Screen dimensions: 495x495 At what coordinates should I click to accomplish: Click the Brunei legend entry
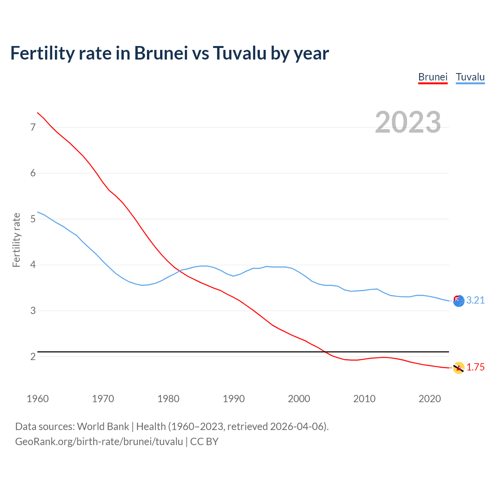(x=433, y=77)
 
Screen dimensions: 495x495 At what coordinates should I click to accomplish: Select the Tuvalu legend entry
(x=470, y=77)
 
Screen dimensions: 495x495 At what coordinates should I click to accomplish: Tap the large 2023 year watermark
(x=408, y=122)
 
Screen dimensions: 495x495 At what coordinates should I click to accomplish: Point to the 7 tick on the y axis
(x=33, y=127)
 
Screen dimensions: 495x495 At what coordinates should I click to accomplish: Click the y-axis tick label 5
(x=33, y=219)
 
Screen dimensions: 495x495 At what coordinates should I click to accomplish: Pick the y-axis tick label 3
(x=33, y=311)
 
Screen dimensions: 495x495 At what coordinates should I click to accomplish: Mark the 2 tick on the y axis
(x=33, y=357)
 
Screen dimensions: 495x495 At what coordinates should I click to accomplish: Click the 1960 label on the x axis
(x=38, y=399)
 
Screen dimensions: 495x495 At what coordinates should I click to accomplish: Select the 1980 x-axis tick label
(x=168, y=399)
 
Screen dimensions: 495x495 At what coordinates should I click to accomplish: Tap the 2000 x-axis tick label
(x=299, y=399)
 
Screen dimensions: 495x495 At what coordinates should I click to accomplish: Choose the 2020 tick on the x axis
(x=430, y=399)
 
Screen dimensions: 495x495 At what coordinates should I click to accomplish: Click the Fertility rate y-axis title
(x=16, y=240)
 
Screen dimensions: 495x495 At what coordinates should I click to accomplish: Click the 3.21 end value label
(x=475, y=300)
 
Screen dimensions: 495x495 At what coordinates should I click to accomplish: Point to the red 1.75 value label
(x=475, y=367)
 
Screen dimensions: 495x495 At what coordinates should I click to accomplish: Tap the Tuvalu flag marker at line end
(x=459, y=301)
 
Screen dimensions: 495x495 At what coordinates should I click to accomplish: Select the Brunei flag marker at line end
(x=459, y=368)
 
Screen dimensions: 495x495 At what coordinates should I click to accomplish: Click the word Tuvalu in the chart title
(x=239, y=53)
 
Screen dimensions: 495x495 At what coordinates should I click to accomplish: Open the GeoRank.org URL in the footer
(x=99, y=442)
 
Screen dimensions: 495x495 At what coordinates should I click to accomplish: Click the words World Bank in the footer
(x=103, y=427)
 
